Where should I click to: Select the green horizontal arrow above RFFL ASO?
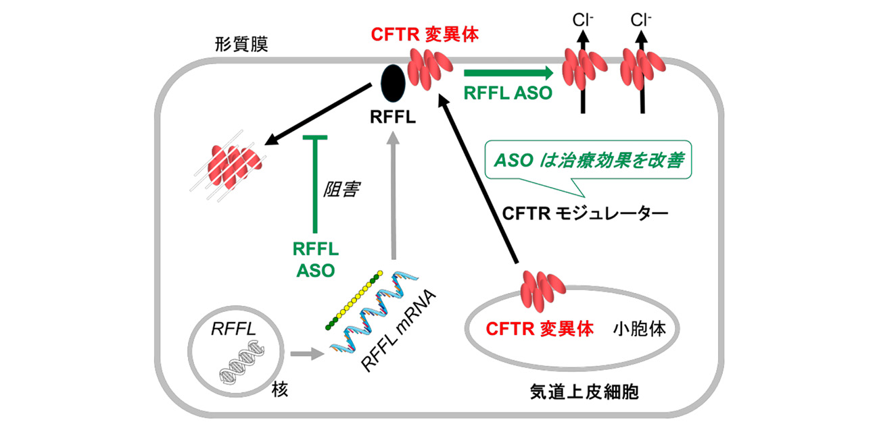(508, 72)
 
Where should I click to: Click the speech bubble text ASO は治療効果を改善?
(589, 161)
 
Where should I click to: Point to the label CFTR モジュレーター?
(585, 213)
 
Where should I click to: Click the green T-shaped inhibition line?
(314, 182)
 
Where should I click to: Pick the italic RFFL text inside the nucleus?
(232, 329)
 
